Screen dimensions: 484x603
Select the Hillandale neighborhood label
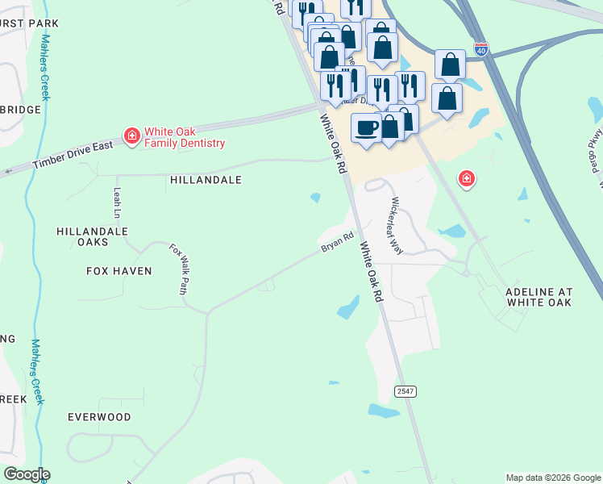206,181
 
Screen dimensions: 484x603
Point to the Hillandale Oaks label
93,236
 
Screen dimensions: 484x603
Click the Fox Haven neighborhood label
119,271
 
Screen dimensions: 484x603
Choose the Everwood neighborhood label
99,417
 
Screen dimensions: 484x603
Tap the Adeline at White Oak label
539,296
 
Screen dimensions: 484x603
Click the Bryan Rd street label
337,243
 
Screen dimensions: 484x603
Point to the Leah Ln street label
118,202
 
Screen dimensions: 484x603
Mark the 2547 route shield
405,391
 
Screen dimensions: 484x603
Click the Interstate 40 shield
481,48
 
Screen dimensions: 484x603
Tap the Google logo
26,474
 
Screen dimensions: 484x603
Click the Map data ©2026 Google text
553,478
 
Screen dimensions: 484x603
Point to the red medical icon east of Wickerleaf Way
466,178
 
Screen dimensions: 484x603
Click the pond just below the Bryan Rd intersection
348,307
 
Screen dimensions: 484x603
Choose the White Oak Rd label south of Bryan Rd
371,272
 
